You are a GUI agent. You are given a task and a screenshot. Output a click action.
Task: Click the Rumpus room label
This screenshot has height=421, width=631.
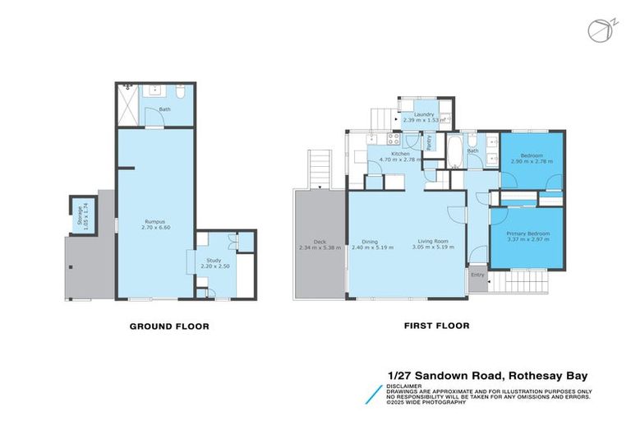point(156,222)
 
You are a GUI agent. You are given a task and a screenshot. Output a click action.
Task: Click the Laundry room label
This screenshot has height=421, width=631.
point(424,114)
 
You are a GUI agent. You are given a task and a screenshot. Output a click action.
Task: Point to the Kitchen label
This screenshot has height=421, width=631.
point(400,154)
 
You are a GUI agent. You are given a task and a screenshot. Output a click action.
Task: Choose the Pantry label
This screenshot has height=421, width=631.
point(429,141)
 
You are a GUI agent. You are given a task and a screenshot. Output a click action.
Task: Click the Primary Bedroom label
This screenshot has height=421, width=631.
point(527,234)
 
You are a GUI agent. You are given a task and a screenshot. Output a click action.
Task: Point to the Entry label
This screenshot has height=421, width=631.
point(477,275)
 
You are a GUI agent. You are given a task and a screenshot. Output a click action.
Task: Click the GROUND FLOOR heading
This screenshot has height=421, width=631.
point(169,326)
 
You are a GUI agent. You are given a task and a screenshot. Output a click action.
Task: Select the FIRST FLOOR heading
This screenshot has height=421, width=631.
point(436,326)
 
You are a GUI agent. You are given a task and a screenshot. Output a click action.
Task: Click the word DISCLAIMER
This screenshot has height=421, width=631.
point(406,385)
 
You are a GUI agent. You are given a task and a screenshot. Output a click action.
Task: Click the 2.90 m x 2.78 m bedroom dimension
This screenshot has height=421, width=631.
point(531,162)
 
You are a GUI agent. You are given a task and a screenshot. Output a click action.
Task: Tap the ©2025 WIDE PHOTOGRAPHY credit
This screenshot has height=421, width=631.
point(427,402)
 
